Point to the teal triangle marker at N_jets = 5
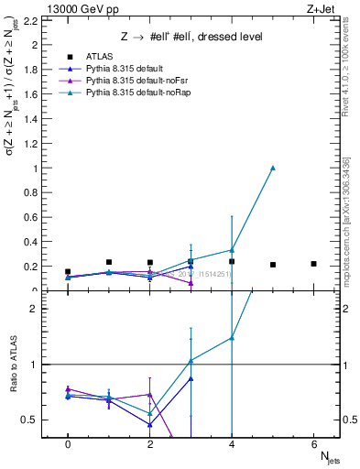pos(273,168)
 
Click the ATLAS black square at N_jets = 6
pos(313,264)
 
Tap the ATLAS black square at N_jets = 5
pos(273,265)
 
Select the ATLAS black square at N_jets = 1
pos(109,262)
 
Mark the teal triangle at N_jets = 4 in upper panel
pos(232,250)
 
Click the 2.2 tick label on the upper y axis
pos(29,20)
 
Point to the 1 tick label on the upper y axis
pos(34,169)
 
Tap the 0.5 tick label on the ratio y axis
pos(28,420)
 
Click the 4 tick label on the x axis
pos(232,444)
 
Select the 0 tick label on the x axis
pos(68,444)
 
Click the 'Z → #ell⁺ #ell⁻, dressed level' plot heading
pos(193,38)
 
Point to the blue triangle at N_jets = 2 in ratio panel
pos(149,424)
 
